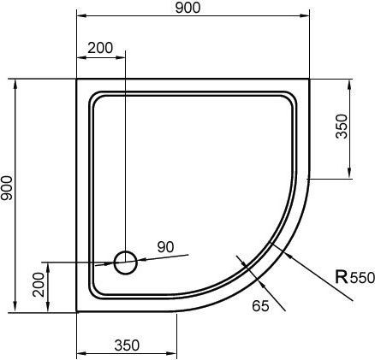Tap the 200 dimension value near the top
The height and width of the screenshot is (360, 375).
(100, 49)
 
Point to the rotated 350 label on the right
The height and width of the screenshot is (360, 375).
(342, 127)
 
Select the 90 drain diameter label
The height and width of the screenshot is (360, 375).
(165, 247)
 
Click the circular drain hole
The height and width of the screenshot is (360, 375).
(125, 262)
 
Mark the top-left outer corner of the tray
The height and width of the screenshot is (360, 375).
(78, 80)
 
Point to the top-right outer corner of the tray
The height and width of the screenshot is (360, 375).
(308, 80)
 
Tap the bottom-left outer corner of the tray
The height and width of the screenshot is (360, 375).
(78, 310)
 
